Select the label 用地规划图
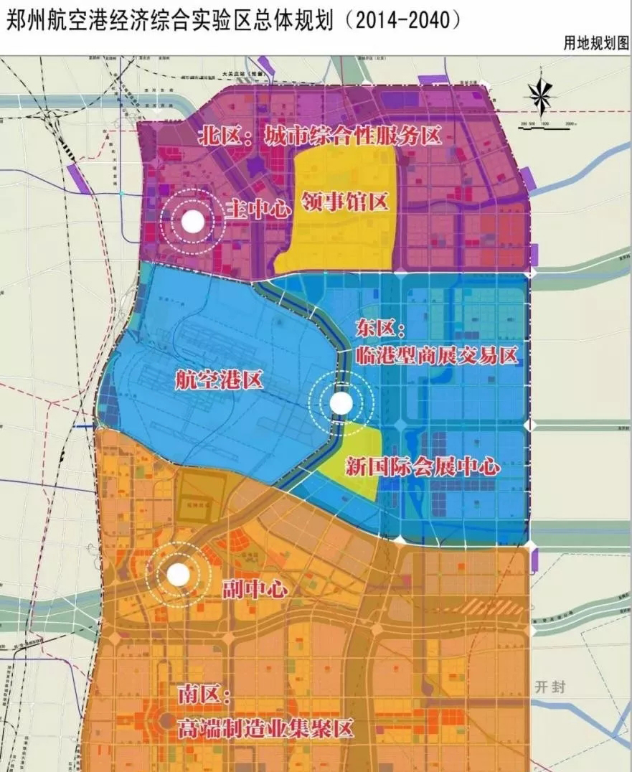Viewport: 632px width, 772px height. [x=595, y=43]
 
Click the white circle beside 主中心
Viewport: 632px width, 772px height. [x=192, y=222]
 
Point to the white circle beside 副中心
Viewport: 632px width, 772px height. [x=177, y=574]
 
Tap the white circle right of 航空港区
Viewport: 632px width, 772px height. [x=341, y=404]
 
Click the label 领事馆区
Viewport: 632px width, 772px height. [x=345, y=202]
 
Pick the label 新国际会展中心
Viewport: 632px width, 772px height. [x=422, y=466]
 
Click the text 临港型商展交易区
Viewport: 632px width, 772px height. [x=437, y=354]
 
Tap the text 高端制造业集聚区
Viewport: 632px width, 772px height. [x=265, y=730]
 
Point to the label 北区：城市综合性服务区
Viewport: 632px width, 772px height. [x=319, y=136]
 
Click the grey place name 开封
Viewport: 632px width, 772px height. [x=550, y=687]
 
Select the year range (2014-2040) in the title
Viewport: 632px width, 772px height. [x=400, y=20]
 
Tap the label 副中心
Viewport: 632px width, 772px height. [x=255, y=590]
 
